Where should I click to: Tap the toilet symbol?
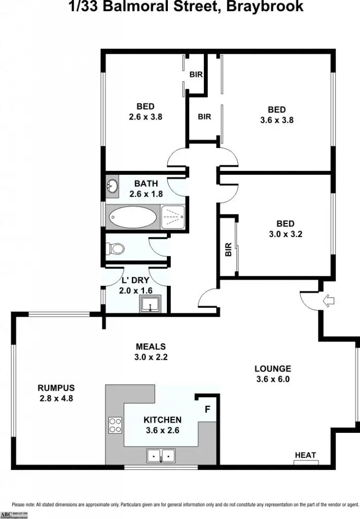(x=115, y=248)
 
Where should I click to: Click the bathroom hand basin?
(x=112, y=187)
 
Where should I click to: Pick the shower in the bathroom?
(x=173, y=217)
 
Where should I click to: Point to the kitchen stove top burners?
(x=115, y=425)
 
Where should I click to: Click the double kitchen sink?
(x=161, y=456)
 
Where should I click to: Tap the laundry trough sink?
(x=151, y=305)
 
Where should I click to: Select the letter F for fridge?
(x=207, y=409)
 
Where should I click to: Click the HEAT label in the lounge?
(x=305, y=455)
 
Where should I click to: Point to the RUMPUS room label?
(x=56, y=388)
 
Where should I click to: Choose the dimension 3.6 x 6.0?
(x=272, y=379)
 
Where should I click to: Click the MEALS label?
(x=151, y=347)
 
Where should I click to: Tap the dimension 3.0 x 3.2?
(x=285, y=234)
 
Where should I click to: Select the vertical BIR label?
(x=228, y=249)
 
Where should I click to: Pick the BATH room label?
(x=146, y=183)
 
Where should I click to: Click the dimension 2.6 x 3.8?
(x=146, y=117)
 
